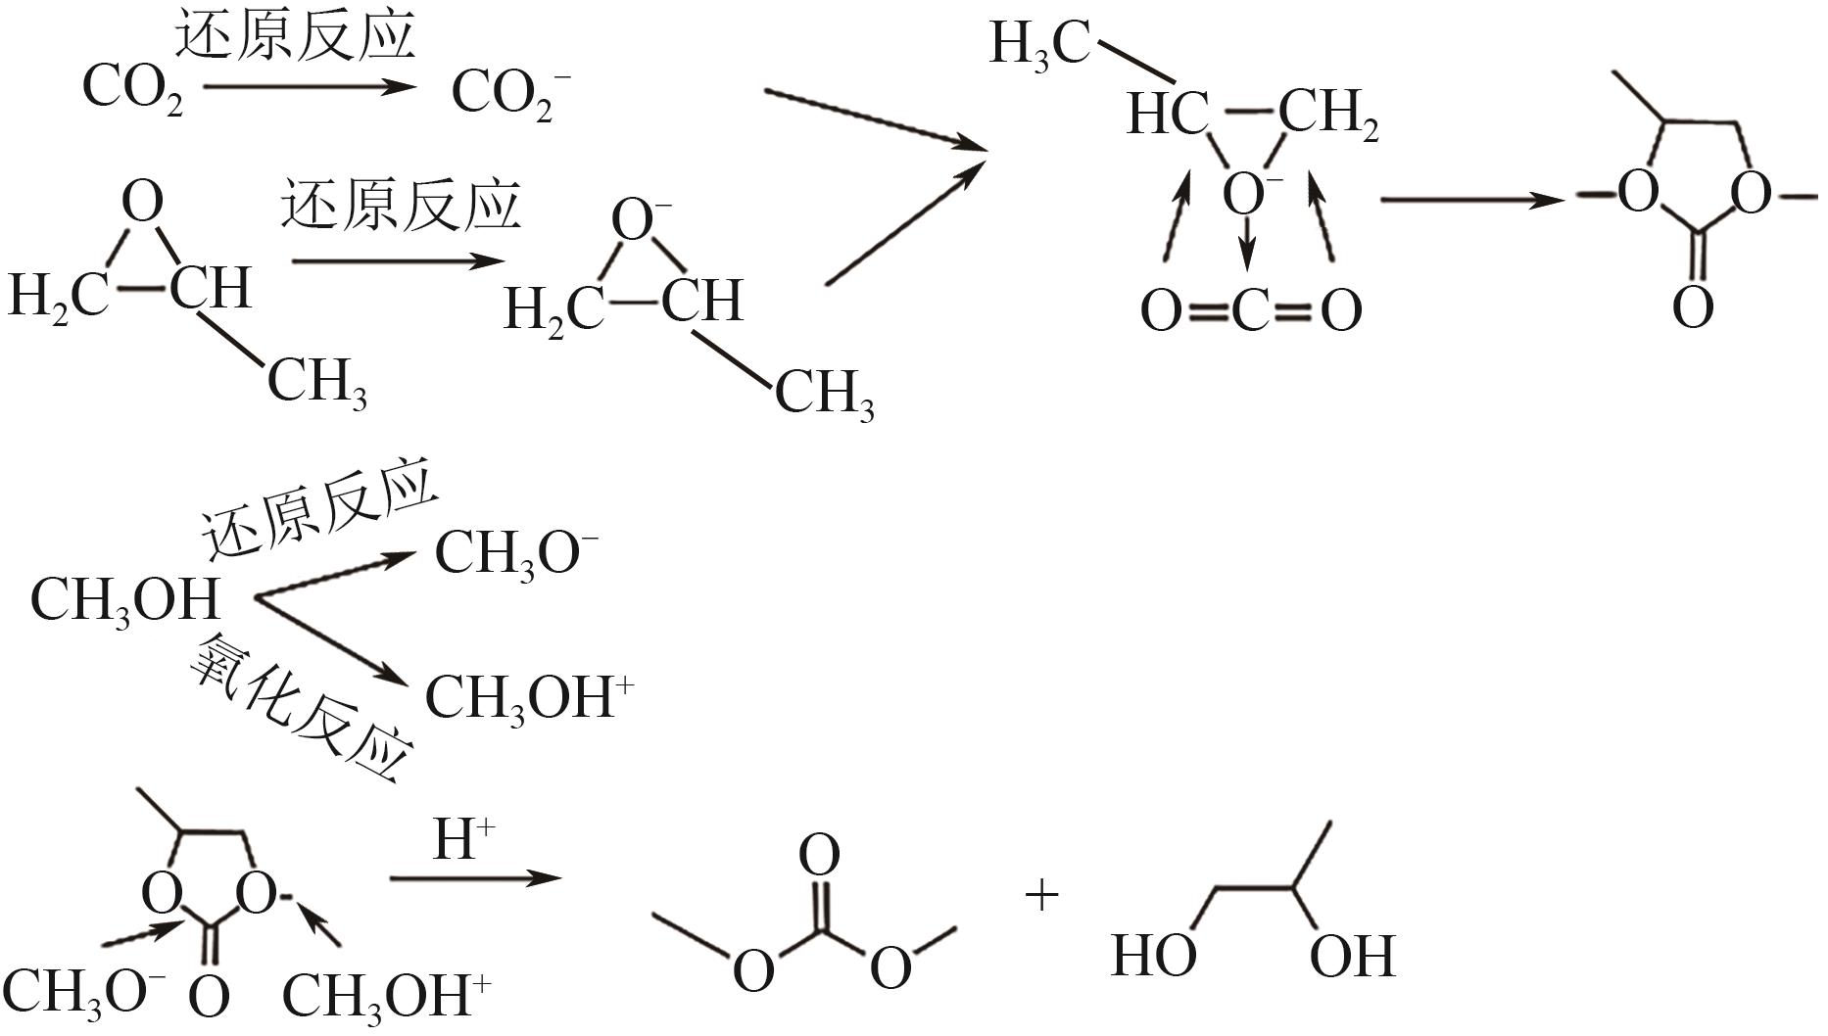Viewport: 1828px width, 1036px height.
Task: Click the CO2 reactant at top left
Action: click(132, 88)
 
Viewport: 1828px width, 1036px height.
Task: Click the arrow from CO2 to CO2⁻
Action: click(310, 87)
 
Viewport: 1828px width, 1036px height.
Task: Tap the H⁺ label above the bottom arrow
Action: click(463, 840)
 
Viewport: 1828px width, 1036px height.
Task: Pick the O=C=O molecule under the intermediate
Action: click(1251, 311)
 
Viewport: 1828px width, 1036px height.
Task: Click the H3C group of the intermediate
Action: click(1038, 44)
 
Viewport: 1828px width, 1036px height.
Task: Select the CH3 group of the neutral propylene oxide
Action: click(317, 383)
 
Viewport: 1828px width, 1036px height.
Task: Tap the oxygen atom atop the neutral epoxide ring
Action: click(143, 204)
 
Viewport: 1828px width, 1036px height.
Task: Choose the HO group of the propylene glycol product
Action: click(1153, 955)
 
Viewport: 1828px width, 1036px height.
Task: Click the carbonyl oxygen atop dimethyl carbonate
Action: click(819, 855)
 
